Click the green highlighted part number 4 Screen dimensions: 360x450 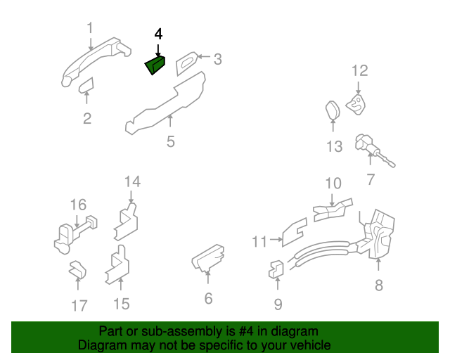click(155, 65)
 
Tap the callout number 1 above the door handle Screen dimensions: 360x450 click(90, 28)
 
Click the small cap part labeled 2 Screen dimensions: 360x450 click(86, 86)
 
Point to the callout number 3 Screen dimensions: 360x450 click(217, 60)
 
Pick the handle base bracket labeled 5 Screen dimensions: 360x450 click(165, 105)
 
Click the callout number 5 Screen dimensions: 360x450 click(171, 142)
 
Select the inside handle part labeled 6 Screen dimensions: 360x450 click(207, 259)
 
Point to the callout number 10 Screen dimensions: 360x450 click(333, 184)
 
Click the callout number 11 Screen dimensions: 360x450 click(260, 242)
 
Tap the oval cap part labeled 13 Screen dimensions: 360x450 click(333, 112)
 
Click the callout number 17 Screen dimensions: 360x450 click(79, 305)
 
